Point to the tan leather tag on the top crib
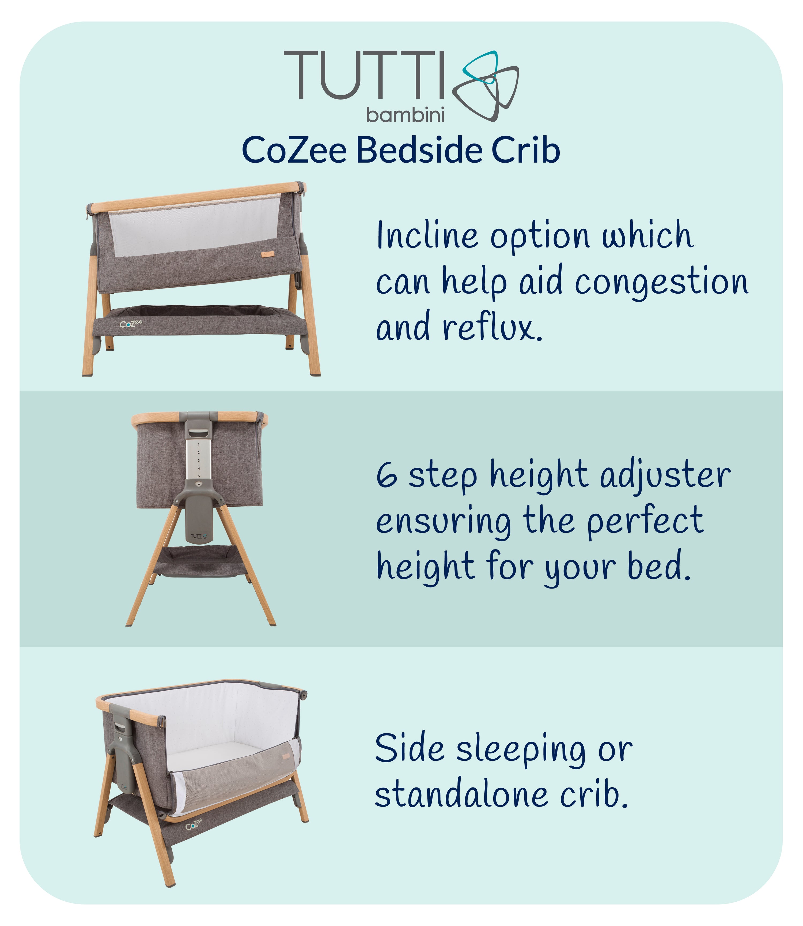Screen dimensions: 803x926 coord(267,254)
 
